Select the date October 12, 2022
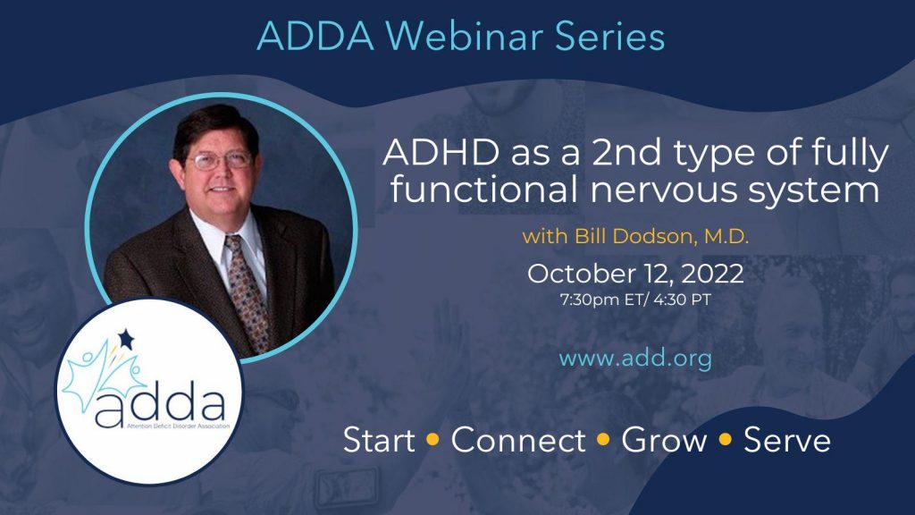click(x=635, y=274)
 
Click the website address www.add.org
click(x=635, y=359)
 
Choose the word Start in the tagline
click(x=379, y=440)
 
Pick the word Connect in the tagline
click(x=518, y=440)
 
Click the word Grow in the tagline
click(x=664, y=440)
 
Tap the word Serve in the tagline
click(x=787, y=440)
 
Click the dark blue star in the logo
click(x=126, y=338)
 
